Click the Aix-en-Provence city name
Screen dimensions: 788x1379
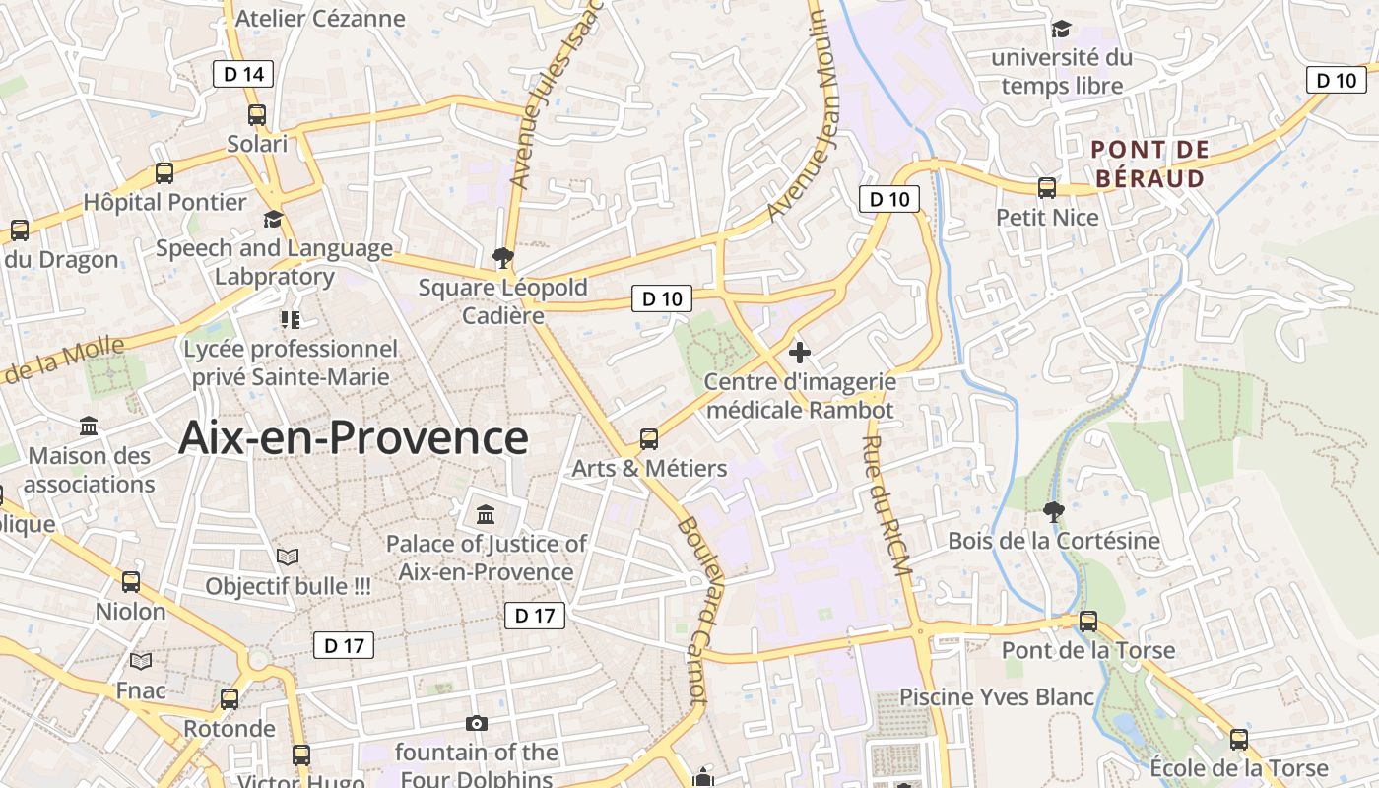354,438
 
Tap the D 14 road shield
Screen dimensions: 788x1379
243,73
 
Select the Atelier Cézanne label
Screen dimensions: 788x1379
321,18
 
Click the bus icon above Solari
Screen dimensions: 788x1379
257,115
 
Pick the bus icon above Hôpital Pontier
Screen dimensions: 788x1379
164,173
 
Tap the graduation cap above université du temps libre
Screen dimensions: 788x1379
1061,30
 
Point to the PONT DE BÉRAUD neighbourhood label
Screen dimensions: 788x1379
1150,164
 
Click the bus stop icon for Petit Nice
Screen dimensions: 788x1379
1047,188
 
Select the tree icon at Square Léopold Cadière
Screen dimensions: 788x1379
503,258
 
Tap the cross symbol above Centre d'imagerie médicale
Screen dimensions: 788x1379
800,352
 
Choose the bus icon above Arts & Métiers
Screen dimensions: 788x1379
649,439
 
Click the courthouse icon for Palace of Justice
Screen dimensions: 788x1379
486,514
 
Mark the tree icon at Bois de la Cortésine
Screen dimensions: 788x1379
1053,511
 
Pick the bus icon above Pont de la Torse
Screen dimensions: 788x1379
1088,622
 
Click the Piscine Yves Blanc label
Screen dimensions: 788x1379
997,697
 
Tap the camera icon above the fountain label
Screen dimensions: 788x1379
477,724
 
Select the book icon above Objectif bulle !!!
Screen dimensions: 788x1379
288,558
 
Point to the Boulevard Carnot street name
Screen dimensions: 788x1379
693,611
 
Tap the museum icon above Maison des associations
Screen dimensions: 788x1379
89,427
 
